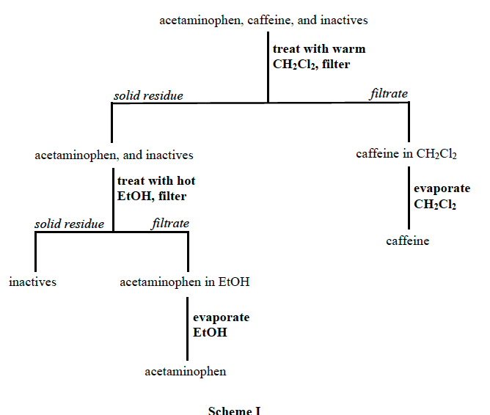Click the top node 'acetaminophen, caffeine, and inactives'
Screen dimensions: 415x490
[x=263, y=21]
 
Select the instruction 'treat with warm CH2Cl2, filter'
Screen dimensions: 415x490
[x=318, y=56]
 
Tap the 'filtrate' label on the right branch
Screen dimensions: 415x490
[x=389, y=94]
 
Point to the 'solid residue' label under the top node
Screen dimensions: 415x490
[x=148, y=95]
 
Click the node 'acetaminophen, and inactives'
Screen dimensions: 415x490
[x=114, y=155]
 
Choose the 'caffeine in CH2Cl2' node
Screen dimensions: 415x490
[x=406, y=155]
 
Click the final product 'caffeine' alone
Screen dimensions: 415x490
[x=407, y=240]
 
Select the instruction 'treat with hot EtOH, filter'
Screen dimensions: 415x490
[x=156, y=188]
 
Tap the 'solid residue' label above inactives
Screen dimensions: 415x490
[x=70, y=224]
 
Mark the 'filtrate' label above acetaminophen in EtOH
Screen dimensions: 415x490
[x=170, y=224]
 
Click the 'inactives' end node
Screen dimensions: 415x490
[x=32, y=281]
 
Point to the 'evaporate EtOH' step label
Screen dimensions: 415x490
[x=221, y=325]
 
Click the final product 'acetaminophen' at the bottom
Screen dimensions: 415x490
[x=185, y=372]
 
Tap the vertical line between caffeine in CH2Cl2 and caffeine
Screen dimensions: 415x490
[x=409, y=198]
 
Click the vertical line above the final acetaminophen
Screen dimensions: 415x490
[x=187, y=326]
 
